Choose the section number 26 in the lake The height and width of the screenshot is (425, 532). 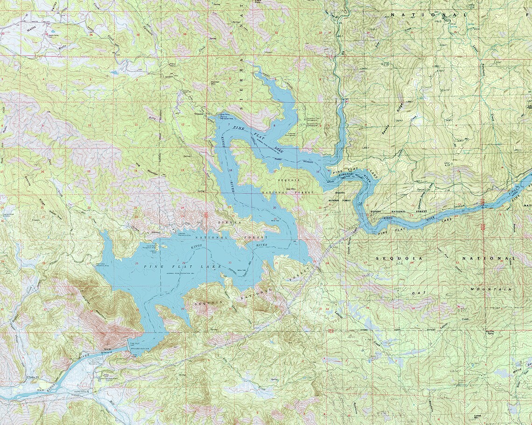(x=136, y=264)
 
